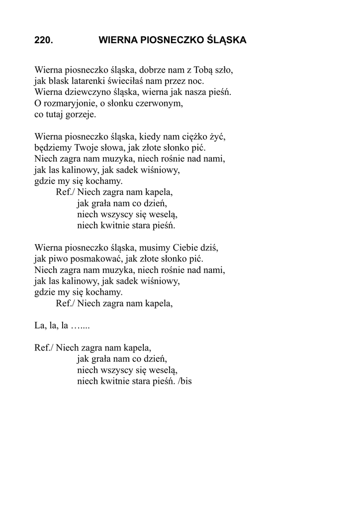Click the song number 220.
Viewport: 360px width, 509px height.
[x=44, y=40]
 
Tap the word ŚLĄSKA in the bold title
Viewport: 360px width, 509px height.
[x=226, y=40]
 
